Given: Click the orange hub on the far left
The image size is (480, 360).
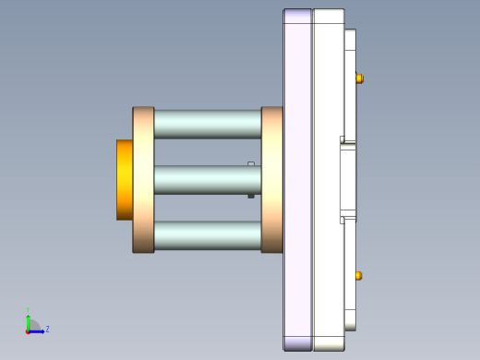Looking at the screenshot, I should tap(125, 179).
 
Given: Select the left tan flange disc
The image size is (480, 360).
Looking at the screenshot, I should tap(143, 179).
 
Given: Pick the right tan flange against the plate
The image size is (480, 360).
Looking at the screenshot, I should tap(271, 179).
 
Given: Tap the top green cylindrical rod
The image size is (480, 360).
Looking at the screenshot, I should tap(207, 124).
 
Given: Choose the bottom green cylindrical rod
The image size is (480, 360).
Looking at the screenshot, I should tap(207, 235).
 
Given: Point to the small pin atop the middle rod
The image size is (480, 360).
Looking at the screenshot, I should tap(251, 163).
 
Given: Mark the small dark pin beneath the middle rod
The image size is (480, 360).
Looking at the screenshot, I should tap(251, 196).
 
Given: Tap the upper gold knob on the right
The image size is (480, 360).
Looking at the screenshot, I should tap(359, 78).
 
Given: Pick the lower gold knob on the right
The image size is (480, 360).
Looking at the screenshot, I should tap(359, 275).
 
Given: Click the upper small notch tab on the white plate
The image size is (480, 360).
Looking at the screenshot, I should tap(342, 140).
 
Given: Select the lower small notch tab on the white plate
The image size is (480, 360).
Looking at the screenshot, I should tap(342, 220).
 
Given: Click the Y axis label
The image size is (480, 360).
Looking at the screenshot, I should tap(29, 310).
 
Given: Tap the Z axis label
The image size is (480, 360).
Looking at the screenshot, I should tap(47, 329).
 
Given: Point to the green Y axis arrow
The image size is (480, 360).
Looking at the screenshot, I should tap(29, 320).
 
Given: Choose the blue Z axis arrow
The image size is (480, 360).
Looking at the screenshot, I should tap(38, 330).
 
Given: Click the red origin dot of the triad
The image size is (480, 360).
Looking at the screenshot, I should tap(29, 330).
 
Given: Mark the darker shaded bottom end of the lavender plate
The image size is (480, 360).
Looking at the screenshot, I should tap(297, 343).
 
